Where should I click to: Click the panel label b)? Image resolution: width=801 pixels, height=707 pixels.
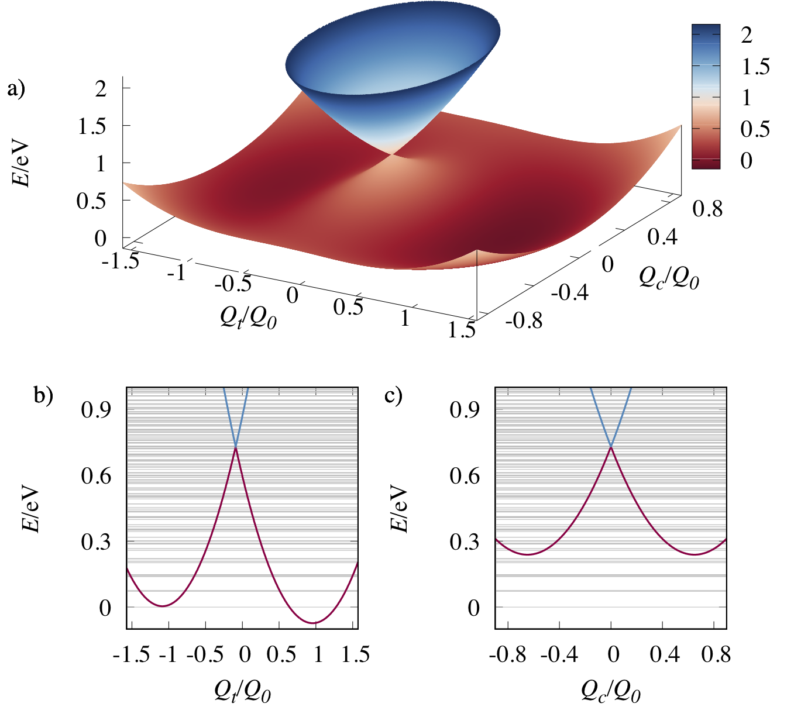(43, 395)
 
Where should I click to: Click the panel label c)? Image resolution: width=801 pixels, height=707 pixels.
(394, 395)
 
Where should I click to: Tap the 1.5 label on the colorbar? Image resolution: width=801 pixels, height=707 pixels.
(755, 66)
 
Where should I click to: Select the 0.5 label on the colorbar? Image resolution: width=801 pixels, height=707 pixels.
(755, 129)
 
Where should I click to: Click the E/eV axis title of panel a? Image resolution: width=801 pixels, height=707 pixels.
(20, 163)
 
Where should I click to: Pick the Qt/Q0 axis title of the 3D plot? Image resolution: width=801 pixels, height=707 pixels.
(248, 316)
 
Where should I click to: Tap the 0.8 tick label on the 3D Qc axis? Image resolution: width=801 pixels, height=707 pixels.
(707, 209)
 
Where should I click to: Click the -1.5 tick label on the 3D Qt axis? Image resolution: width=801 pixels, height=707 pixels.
(121, 261)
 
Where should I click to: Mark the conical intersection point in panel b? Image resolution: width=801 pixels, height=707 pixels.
(236, 447)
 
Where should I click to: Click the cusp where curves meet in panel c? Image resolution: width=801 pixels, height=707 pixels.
(611, 447)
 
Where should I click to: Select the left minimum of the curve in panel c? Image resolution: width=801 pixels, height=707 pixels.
(528, 554)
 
